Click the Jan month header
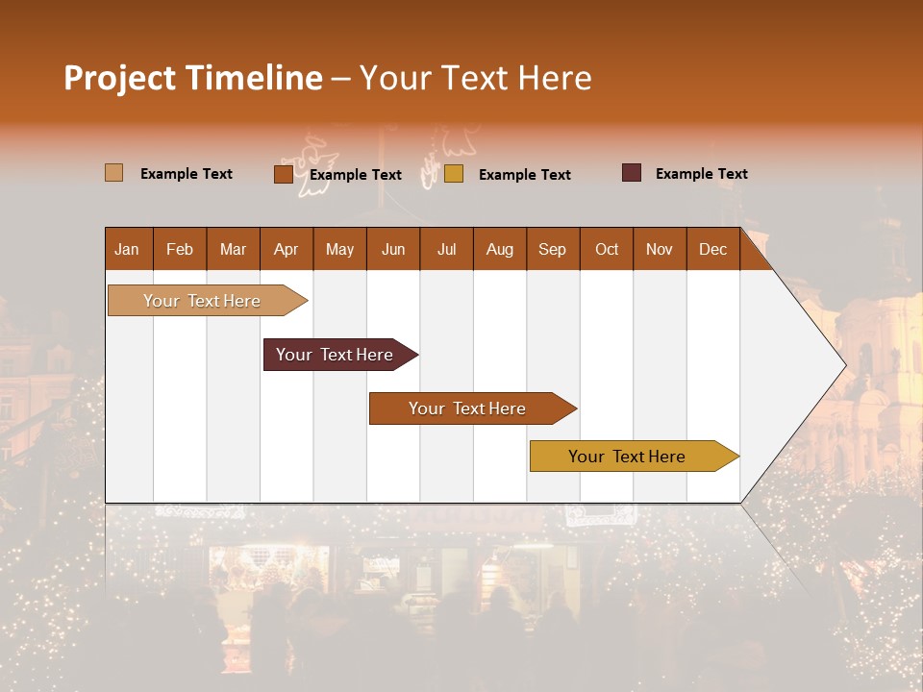pyautogui.click(x=127, y=249)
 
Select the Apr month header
pyautogui.click(x=286, y=249)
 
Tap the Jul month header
pyautogui.click(x=446, y=249)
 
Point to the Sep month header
pyautogui.click(x=552, y=249)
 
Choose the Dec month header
pyautogui.click(x=712, y=249)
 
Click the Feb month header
pyautogui.click(x=180, y=249)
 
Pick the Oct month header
pyautogui.click(x=607, y=249)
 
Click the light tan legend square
pyautogui.click(x=113, y=173)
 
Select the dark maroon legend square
pyautogui.click(x=632, y=173)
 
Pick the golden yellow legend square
pyautogui.click(x=454, y=174)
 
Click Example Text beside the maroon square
pyautogui.click(x=701, y=174)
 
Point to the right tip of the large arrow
pyautogui.click(x=844, y=364)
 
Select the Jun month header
pyautogui.click(x=393, y=249)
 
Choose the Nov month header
pyautogui.click(x=660, y=249)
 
